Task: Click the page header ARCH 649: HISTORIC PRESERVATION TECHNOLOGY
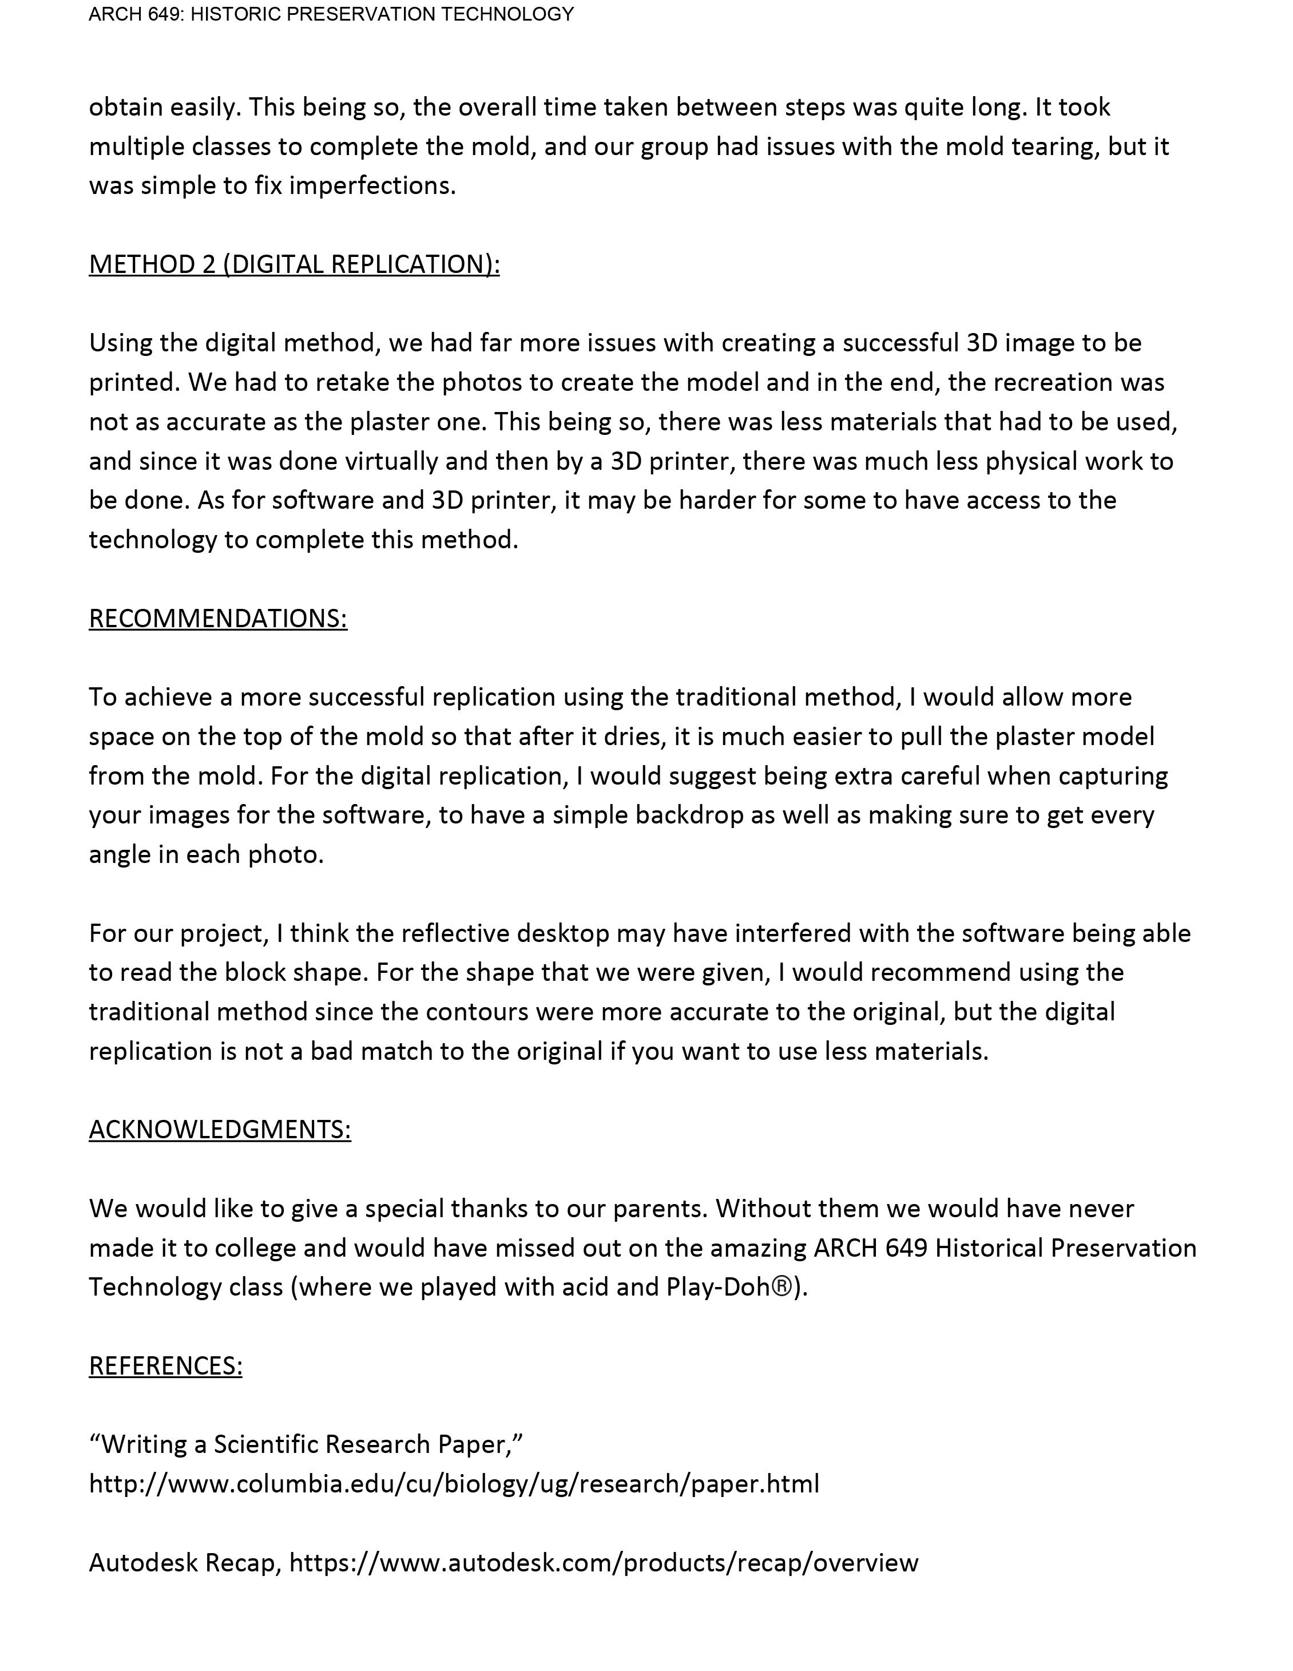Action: pyautogui.click(x=331, y=14)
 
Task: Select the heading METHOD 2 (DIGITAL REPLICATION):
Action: pyautogui.click(x=294, y=264)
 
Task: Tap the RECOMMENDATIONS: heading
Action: pyautogui.click(x=218, y=618)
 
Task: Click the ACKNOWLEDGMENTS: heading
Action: pyautogui.click(x=220, y=1129)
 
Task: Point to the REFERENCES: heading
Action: pyautogui.click(x=165, y=1366)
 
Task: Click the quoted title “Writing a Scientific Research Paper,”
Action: pyautogui.click(x=306, y=1444)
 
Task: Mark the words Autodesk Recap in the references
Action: pyautogui.click(x=184, y=1562)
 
